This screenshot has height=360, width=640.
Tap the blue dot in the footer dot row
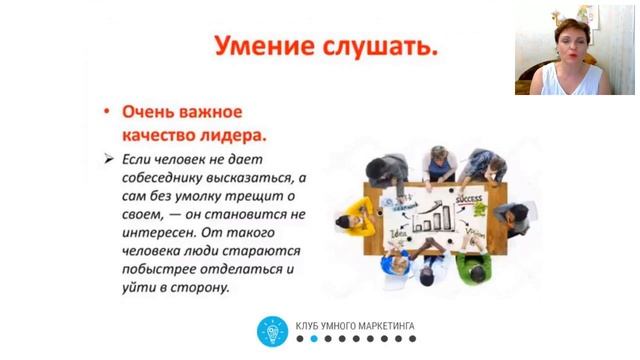313,339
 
